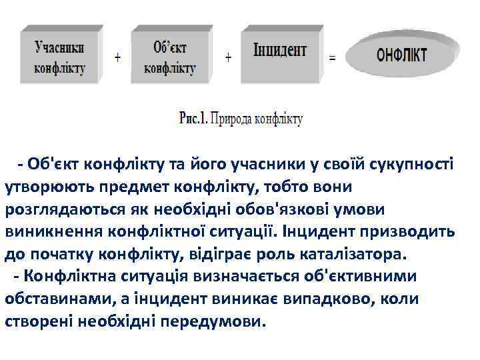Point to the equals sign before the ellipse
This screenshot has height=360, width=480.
tap(331, 57)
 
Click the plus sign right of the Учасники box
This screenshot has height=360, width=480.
tap(118, 57)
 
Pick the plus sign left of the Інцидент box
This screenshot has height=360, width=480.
tap(229, 57)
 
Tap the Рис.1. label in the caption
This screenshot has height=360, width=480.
tap(193, 119)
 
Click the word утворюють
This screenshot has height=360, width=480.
tap(41, 187)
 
